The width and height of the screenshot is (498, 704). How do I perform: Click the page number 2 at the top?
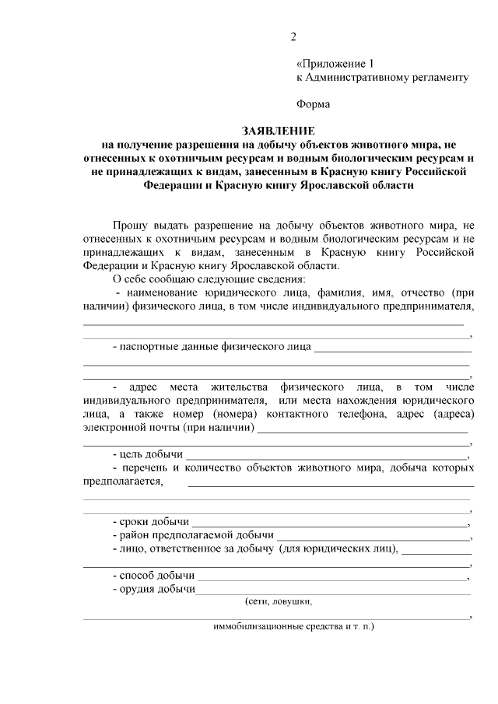click(293, 37)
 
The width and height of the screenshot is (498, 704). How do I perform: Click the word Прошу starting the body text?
click(132, 225)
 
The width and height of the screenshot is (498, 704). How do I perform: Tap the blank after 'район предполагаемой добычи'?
click(373, 536)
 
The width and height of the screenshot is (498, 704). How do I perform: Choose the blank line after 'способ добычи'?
click(332, 576)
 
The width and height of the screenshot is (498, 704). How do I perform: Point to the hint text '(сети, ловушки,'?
click(278, 602)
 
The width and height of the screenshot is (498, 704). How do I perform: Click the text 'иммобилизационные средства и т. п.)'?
click(293, 626)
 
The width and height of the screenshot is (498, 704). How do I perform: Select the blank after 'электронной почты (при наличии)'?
click(363, 428)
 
